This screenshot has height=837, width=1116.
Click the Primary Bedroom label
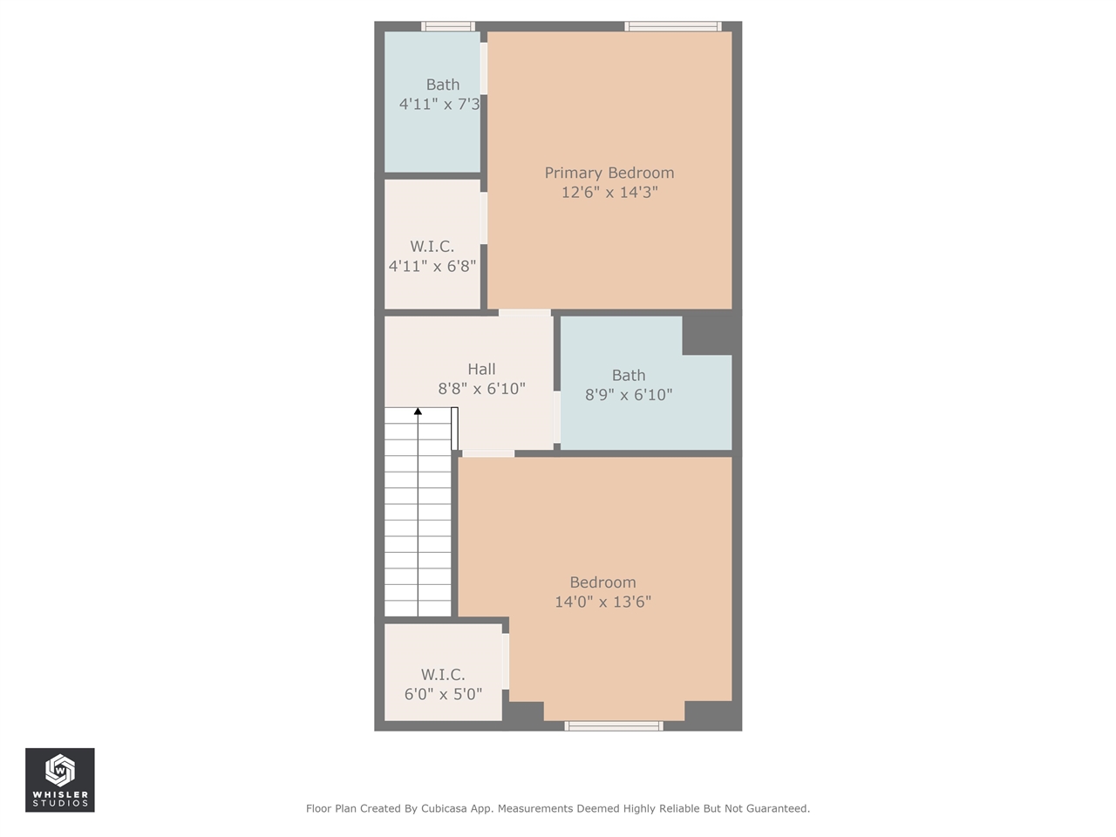(609, 173)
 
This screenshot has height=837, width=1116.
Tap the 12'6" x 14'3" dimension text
(609, 192)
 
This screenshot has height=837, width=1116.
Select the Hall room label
(481, 369)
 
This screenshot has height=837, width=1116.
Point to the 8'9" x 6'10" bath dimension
(628, 395)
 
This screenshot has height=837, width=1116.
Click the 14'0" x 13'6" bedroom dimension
(602, 602)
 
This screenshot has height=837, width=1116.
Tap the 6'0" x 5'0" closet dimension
(443, 694)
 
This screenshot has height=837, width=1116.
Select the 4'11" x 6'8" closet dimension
(432, 266)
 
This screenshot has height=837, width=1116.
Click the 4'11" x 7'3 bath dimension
(439, 104)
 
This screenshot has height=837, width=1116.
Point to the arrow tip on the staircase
(418, 411)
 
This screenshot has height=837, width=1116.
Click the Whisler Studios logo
(60, 779)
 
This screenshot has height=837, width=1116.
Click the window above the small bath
(448, 26)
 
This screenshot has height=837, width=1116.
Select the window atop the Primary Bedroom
(673, 26)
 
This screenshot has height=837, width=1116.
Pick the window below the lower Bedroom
(614, 725)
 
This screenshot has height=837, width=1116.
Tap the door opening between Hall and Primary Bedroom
(524, 312)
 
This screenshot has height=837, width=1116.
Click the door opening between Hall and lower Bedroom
(487, 453)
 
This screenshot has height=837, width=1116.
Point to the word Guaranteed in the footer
(774, 808)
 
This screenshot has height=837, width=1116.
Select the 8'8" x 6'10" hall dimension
(481, 389)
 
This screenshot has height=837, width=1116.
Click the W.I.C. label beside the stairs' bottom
(443, 674)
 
